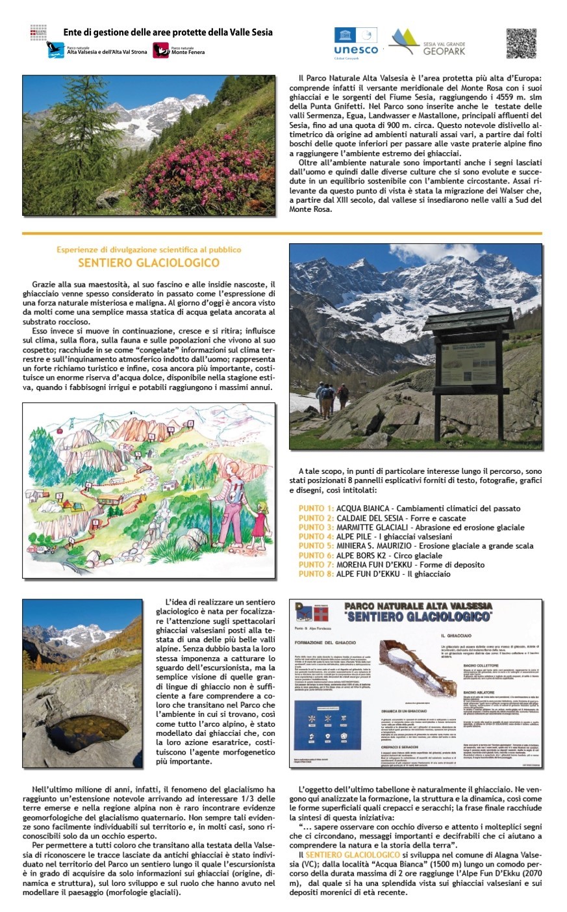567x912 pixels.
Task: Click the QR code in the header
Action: [x=522, y=43]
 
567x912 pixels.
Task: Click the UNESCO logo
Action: [x=355, y=42]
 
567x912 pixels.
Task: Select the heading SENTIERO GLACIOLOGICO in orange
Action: [x=149, y=263]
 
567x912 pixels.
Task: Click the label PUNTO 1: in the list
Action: [x=316, y=508]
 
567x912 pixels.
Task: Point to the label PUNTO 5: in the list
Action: [x=316, y=546]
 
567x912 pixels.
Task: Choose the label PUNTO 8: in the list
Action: [x=316, y=574]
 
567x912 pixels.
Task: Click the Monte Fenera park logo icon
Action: [x=160, y=50]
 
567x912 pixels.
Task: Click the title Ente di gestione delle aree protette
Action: [x=168, y=33]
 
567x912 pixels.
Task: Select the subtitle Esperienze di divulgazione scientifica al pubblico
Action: [x=149, y=250]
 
